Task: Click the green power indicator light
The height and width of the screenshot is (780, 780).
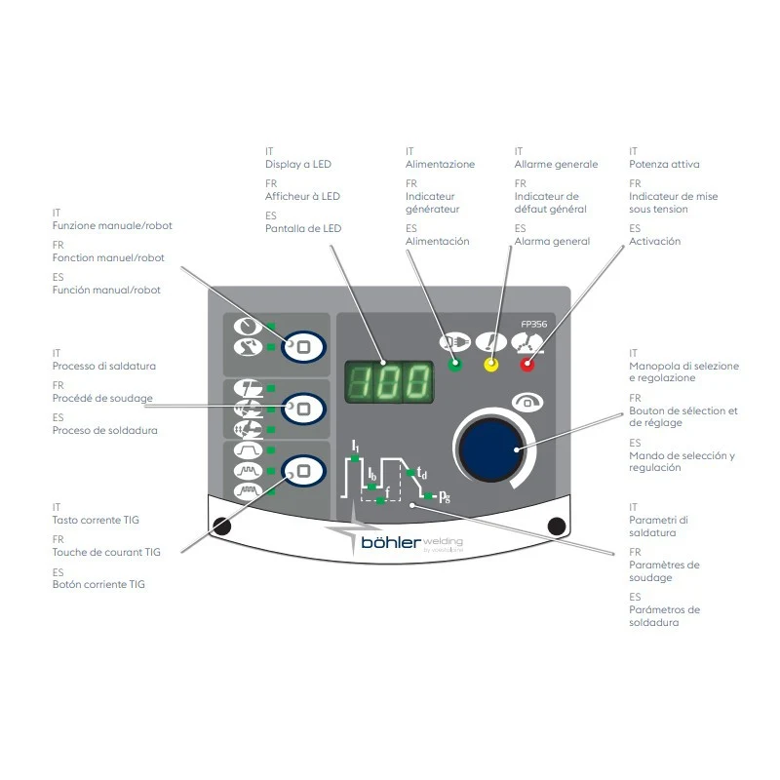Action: click(x=454, y=365)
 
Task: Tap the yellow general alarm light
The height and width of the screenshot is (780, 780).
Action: click(x=491, y=365)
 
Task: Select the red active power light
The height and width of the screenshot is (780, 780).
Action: click(x=527, y=365)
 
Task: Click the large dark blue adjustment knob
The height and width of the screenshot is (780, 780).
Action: click(x=491, y=449)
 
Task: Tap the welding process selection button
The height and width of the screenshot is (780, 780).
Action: click(x=303, y=409)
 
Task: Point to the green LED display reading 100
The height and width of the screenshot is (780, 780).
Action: click(x=389, y=382)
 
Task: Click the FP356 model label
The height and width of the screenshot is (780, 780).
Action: click(x=533, y=325)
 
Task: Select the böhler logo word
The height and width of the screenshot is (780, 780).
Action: click(x=391, y=542)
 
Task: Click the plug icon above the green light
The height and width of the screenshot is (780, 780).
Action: click(x=454, y=342)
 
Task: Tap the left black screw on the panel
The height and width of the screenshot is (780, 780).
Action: click(x=222, y=526)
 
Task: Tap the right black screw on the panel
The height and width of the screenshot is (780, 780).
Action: click(x=556, y=526)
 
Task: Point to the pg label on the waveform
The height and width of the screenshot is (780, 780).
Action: click(x=445, y=496)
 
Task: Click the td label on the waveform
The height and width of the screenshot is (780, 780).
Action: click(x=422, y=472)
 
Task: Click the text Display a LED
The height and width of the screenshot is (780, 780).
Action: click(x=298, y=164)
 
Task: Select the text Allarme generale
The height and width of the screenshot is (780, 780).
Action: click(x=556, y=164)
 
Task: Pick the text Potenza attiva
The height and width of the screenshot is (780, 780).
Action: click(x=664, y=164)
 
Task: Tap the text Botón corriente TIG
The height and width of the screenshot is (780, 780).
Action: click(x=98, y=584)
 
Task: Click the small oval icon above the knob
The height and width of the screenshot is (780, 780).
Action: click(x=527, y=402)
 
